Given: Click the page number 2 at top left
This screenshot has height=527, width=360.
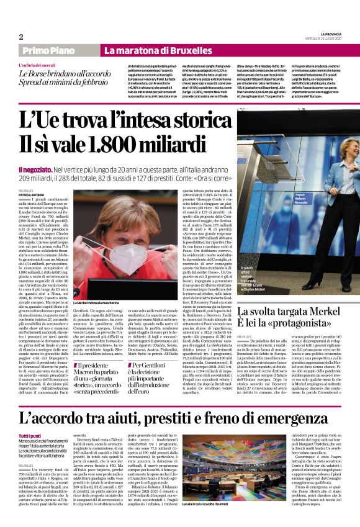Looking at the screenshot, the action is tap(20, 37).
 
